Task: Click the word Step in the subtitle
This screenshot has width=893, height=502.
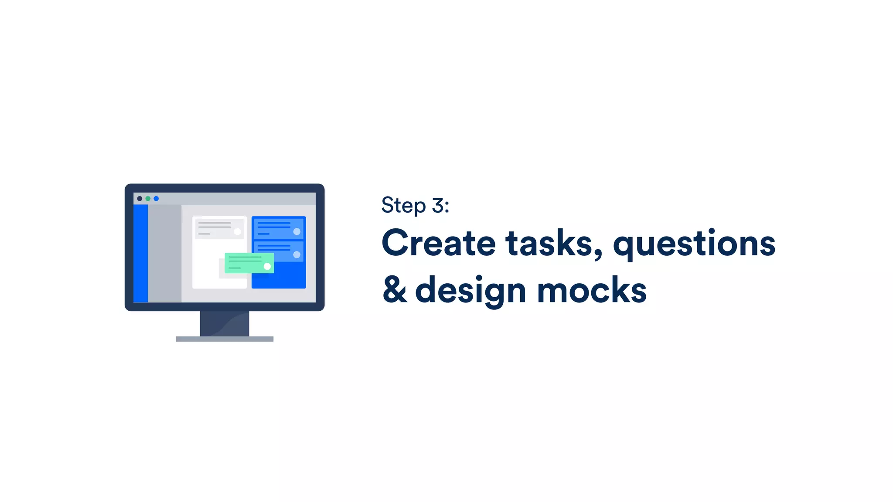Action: (403, 206)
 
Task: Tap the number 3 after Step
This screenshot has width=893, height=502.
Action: (438, 205)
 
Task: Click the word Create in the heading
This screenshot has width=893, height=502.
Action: (438, 243)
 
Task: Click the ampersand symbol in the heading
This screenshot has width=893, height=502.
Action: (395, 290)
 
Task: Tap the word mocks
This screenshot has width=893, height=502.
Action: (592, 290)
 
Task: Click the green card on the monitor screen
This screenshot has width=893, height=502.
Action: (246, 263)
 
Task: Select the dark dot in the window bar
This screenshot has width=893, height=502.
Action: (140, 199)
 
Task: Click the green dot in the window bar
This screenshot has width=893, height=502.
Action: (148, 199)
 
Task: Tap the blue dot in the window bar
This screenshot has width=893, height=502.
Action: (156, 199)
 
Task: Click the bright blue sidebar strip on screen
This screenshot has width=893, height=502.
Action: (140, 253)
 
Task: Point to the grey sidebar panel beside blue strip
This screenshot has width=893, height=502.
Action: (164, 253)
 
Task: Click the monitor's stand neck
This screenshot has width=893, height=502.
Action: (225, 323)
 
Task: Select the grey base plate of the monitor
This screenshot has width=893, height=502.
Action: (225, 339)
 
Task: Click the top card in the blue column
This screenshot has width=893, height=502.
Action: (278, 228)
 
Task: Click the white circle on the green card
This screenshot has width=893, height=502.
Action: (267, 266)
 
